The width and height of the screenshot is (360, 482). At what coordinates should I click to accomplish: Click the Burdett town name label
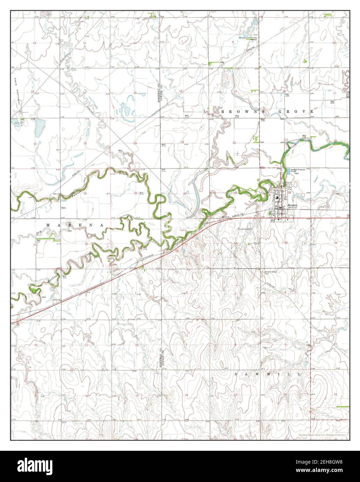(292, 205)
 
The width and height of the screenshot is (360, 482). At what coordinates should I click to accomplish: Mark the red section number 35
(86, 244)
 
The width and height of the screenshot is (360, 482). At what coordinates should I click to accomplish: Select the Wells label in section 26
(64, 208)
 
